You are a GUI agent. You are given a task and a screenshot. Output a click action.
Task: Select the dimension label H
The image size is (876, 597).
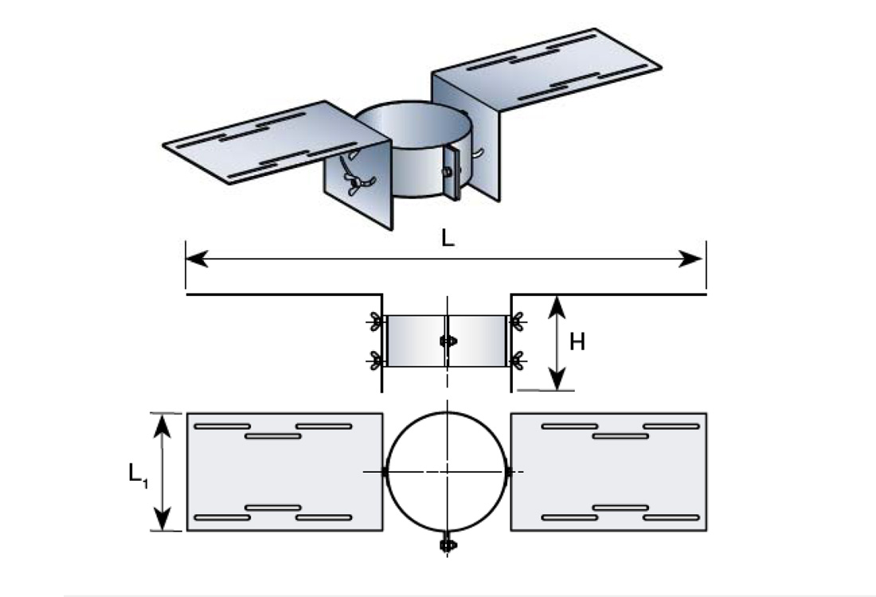pyautogui.click(x=577, y=342)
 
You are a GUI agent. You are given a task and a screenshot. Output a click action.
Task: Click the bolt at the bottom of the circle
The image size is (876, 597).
pyautogui.click(x=447, y=544)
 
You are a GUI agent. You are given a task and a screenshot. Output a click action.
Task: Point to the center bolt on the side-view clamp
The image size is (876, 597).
pyautogui.click(x=447, y=341)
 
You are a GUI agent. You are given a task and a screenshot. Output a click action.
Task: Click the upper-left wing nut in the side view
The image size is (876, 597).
pyautogui.click(x=374, y=322)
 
